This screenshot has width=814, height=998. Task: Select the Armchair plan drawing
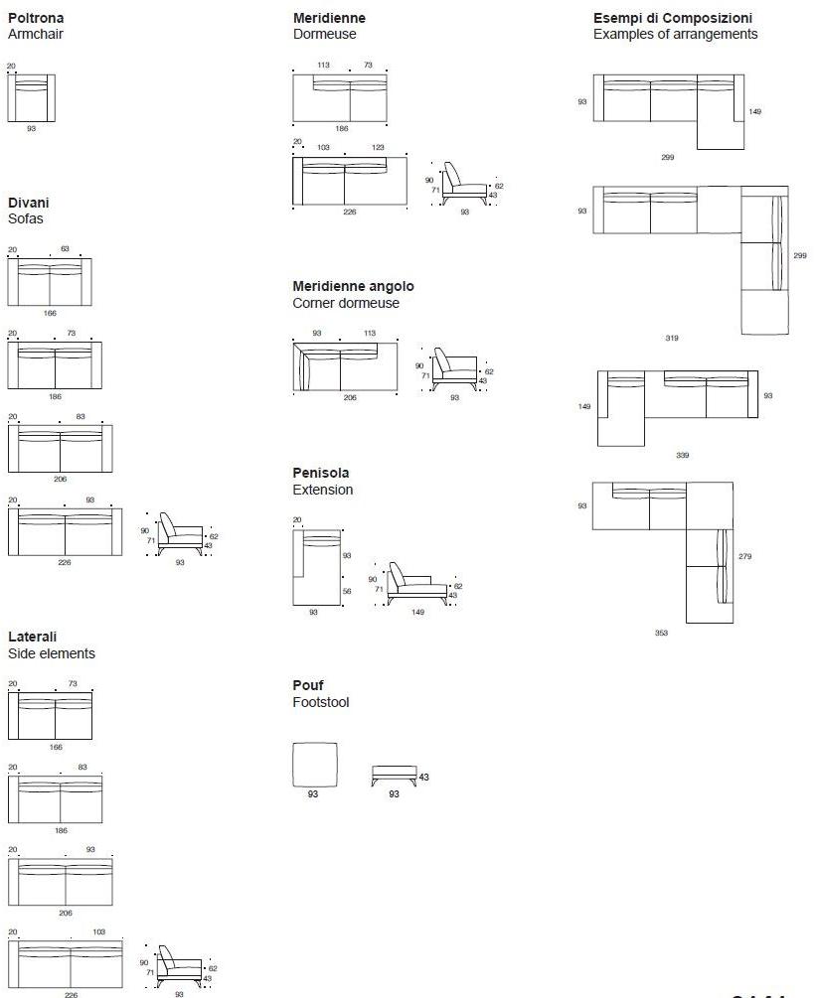31,96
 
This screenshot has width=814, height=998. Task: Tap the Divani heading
28,203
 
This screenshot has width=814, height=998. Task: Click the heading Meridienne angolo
353,286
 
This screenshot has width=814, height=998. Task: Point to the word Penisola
321,473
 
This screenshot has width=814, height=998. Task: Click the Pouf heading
307,685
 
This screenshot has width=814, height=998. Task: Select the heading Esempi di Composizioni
672,18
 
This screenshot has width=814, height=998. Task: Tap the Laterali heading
32,637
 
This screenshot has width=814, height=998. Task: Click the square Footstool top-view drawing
314,765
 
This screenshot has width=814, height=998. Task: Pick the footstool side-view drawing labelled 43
394,775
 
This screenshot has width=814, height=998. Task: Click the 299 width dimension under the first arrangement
668,157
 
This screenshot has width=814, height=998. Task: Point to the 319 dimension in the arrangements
672,339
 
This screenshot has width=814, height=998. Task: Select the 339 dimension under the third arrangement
682,455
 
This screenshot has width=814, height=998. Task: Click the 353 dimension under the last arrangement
661,633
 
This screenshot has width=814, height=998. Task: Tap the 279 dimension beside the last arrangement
744,556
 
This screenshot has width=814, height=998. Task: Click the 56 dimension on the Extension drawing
347,591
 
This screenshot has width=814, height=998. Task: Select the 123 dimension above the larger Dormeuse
378,147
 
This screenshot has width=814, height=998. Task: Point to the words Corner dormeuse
346,303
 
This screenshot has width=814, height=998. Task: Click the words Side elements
52,653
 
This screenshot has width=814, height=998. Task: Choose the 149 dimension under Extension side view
417,612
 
